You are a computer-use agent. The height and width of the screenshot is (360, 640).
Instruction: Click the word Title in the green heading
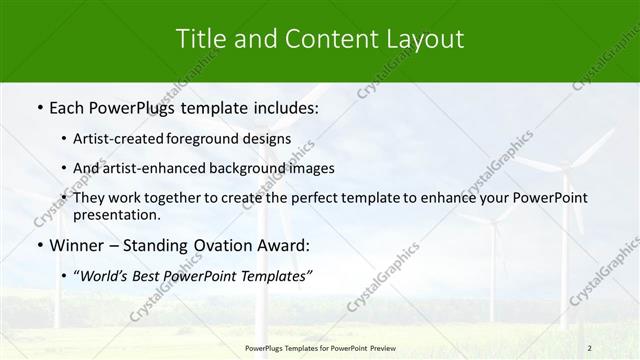click(x=200, y=40)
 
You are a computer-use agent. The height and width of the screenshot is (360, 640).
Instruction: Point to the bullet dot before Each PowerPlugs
click(x=38, y=105)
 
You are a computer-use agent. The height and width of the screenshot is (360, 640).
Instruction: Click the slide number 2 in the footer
click(x=590, y=347)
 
